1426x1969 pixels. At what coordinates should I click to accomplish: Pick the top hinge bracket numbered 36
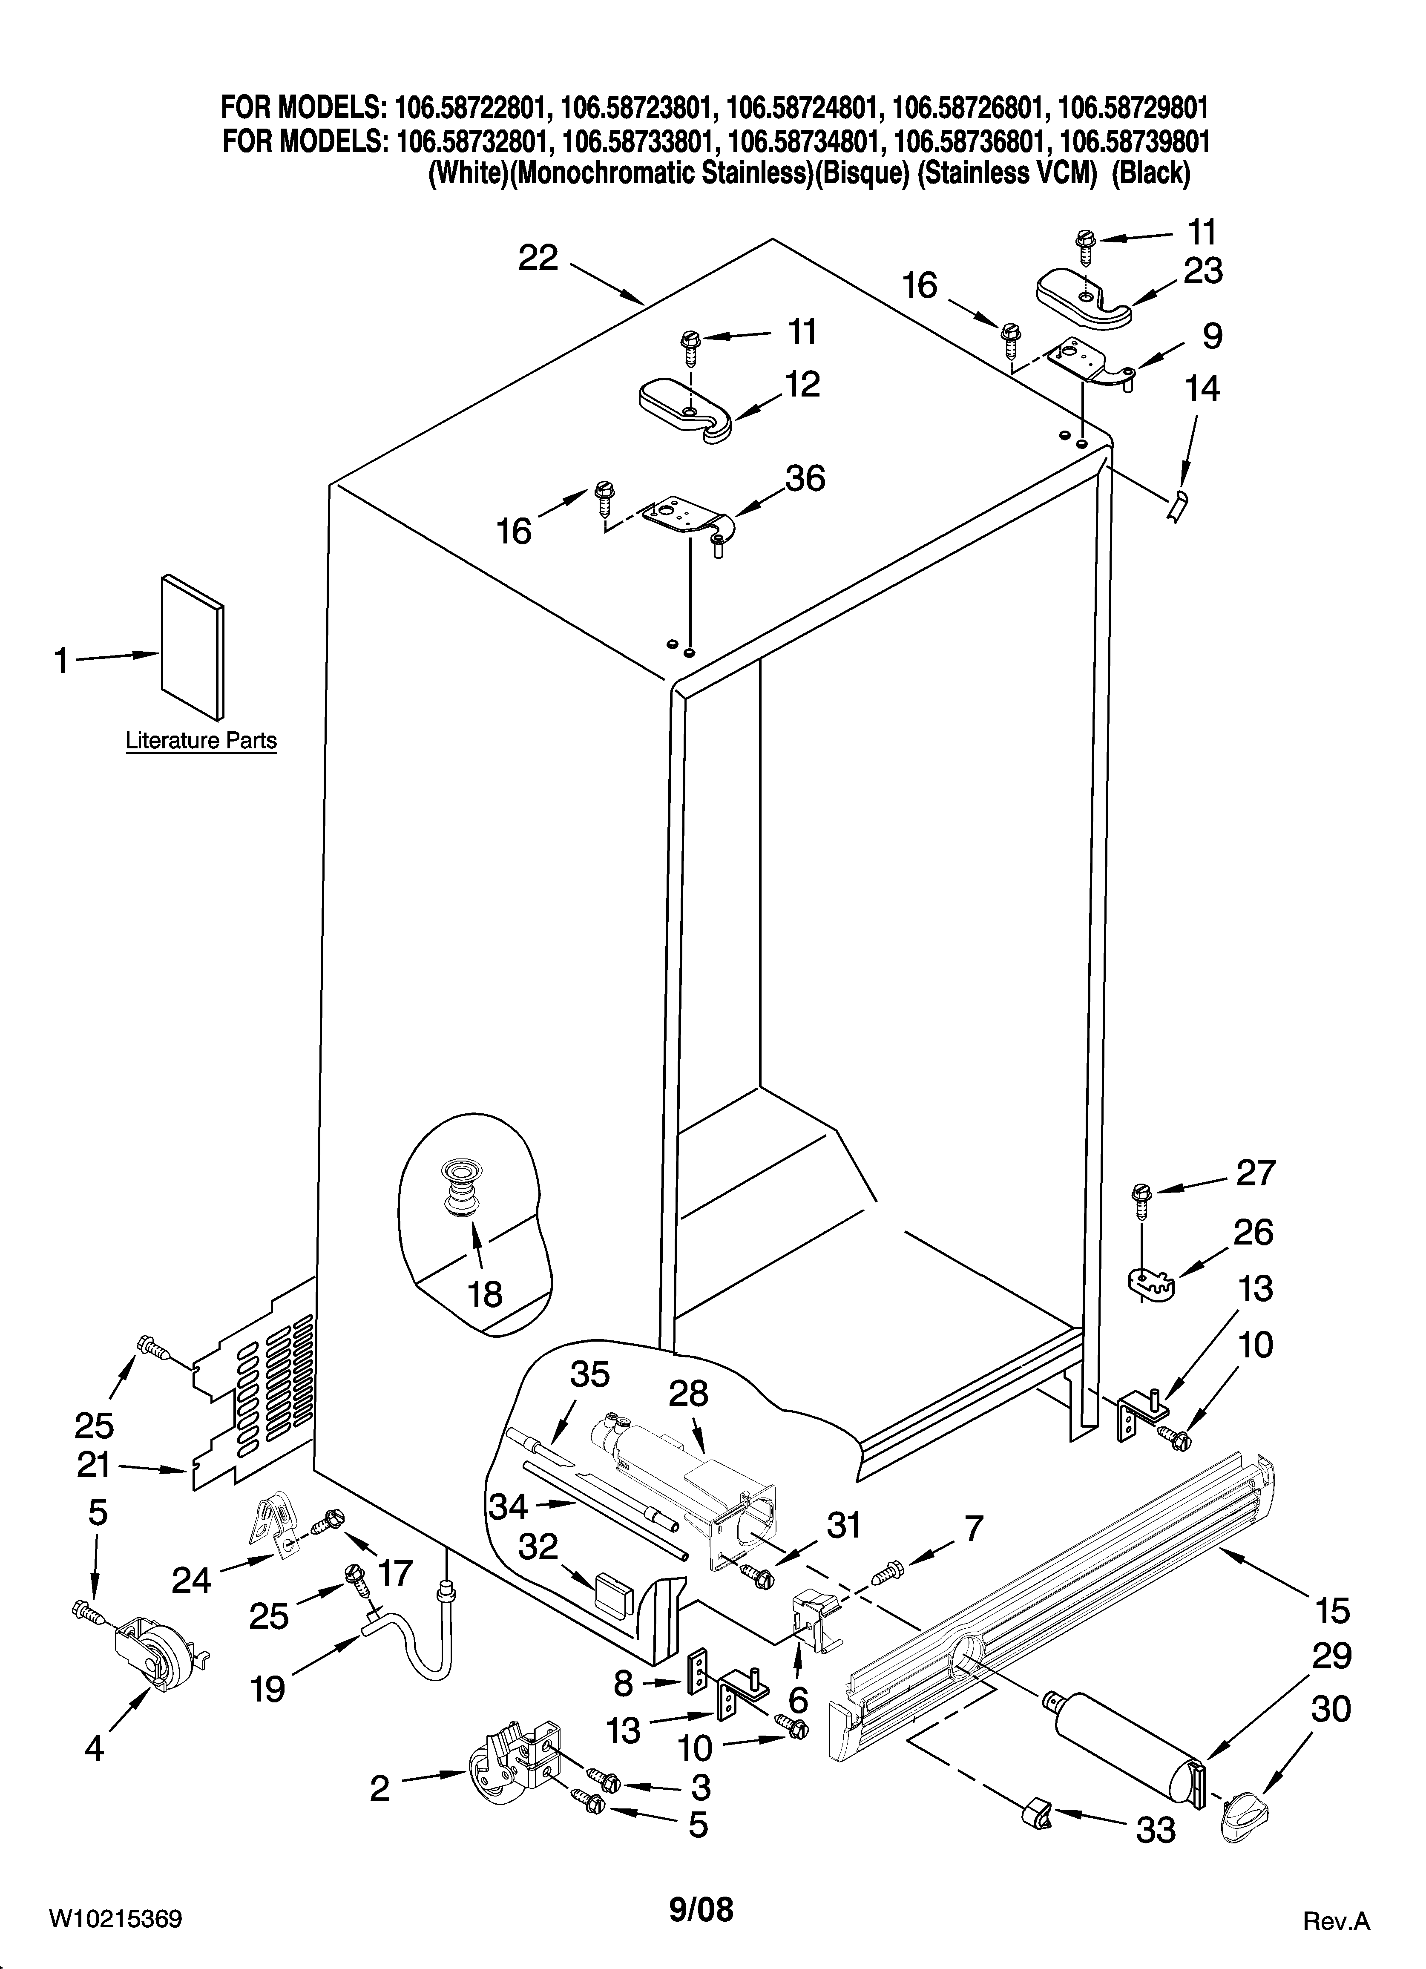point(686,521)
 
